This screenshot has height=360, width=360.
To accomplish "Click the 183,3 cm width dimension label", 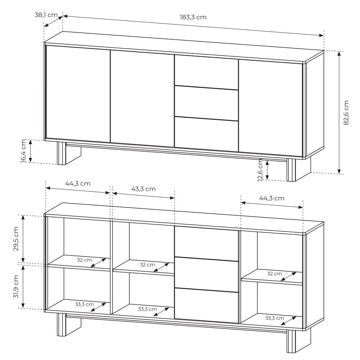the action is click(x=193, y=17).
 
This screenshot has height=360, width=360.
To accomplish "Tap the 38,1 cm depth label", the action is click(x=46, y=15).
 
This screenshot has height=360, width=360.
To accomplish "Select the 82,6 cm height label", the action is click(x=346, y=113).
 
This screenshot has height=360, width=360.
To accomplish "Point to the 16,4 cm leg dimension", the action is click(x=24, y=151).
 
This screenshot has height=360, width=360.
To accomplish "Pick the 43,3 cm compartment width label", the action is click(x=143, y=189).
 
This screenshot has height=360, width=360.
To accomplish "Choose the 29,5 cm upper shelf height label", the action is click(x=16, y=239).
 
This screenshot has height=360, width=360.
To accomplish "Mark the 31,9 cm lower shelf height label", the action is click(x=16, y=287).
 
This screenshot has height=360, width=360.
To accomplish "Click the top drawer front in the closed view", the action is click(x=206, y=72).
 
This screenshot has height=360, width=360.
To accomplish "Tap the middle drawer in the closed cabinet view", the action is click(x=206, y=103).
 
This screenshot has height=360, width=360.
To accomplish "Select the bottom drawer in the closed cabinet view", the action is click(x=206, y=134).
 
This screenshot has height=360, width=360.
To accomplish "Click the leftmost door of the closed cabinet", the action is click(x=78, y=94).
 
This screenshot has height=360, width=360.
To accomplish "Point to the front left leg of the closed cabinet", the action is click(x=61, y=153).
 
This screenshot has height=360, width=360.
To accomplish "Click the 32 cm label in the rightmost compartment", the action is click(x=275, y=274).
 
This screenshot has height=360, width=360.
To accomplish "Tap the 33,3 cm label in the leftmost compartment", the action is click(x=84, y=304).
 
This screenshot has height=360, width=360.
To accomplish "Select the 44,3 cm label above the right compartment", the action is click(x=272, y=198).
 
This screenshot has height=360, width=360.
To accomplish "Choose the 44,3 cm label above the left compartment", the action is click(x=78, y=184).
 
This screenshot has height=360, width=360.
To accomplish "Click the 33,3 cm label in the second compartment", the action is click(x=147, y=309).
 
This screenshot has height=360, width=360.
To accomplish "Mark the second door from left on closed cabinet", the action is click(x=142, y=99).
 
